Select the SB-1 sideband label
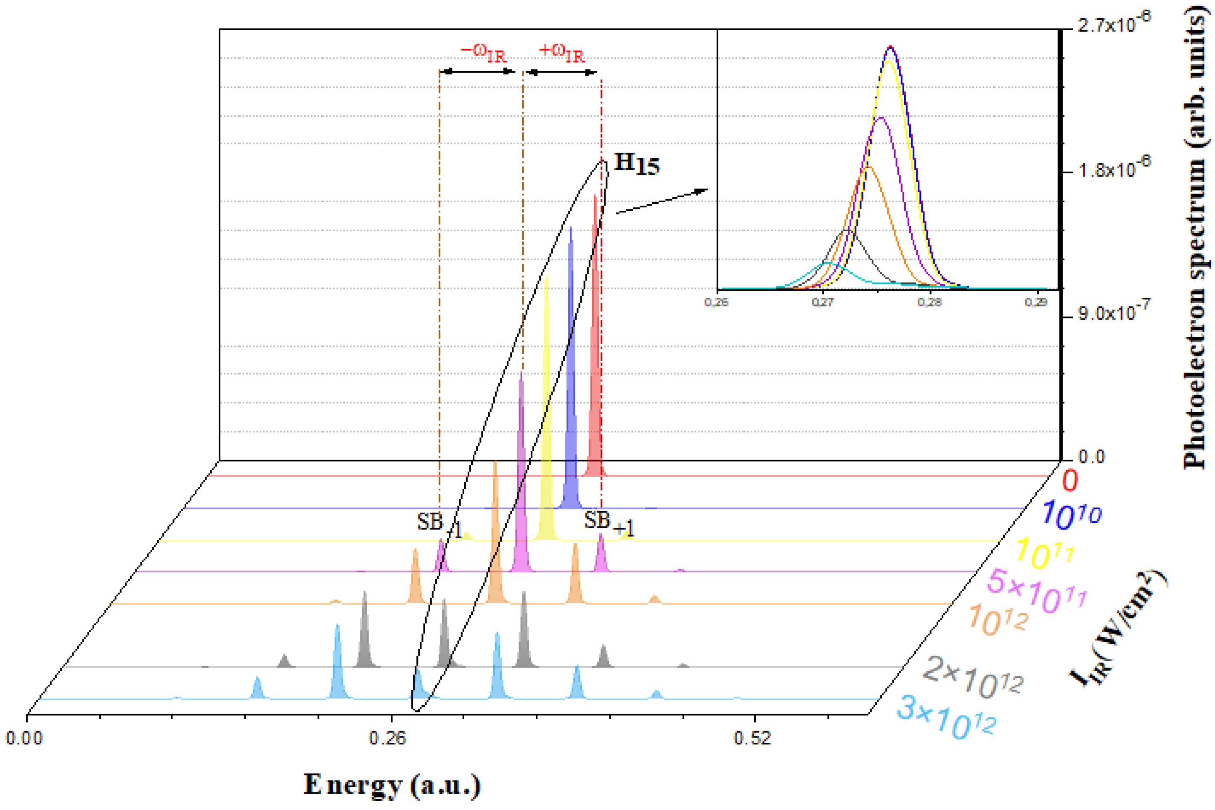(439, 524)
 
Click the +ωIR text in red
(561, 52)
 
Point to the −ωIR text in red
(483, 52)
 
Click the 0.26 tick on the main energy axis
(387, 738)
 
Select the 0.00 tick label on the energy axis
(24, 738)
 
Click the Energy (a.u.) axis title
(392, 784)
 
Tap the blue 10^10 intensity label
(1070, 515)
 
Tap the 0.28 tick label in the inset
(929, 302)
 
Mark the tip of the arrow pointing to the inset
(707, 190)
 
